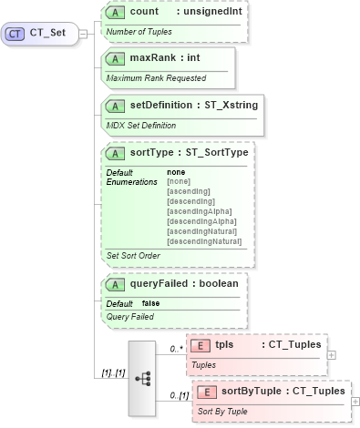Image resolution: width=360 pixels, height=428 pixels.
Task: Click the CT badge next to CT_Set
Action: [x=15, y=34]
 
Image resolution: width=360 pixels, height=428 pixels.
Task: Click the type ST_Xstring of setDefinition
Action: [x=228, y=105]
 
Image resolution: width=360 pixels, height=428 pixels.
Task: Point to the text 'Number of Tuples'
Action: [x=139, y=32]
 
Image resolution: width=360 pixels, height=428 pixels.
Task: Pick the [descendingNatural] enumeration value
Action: [x=204, y=241]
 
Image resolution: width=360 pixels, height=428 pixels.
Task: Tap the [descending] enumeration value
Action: [x=190, y=200]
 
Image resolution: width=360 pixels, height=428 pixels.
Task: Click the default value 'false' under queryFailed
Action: [x=151, y=303]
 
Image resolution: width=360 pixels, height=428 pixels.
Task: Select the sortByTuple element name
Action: [x=252, y=391]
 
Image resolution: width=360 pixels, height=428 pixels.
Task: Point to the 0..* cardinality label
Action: [x=176, y=349]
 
